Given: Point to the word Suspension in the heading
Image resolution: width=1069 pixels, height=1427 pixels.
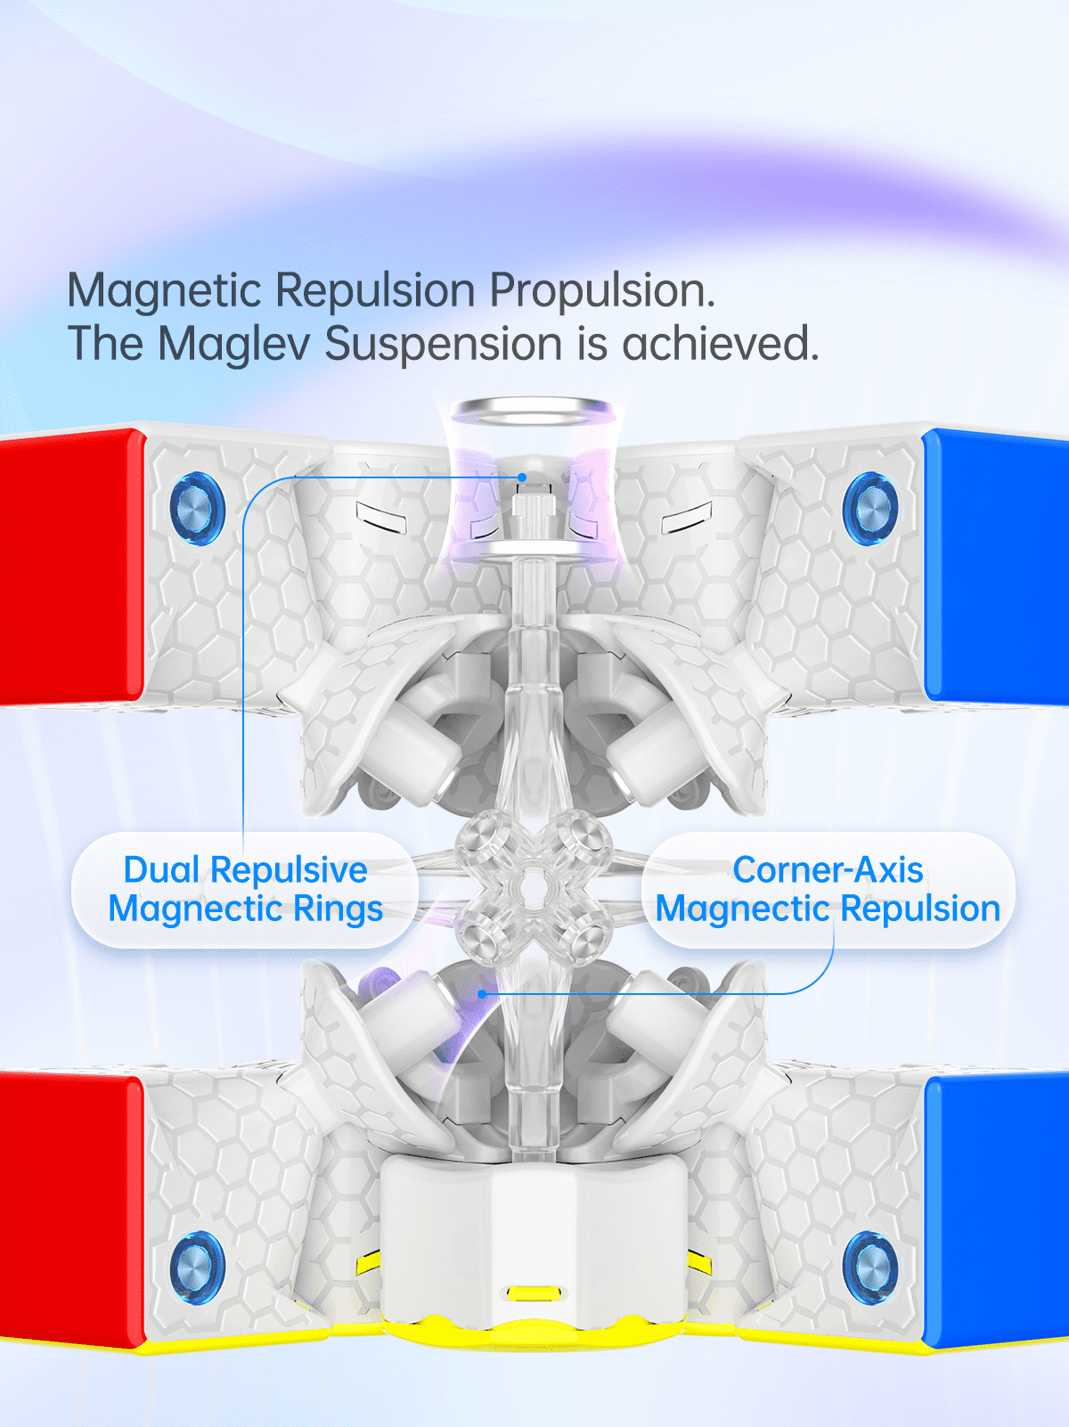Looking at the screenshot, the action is point(444,346).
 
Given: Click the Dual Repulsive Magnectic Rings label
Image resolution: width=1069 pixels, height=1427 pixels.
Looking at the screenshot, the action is point(246,889).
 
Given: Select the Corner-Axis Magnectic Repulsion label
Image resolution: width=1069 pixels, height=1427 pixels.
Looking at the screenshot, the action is point(828,889).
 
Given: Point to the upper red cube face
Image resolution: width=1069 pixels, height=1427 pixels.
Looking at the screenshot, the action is point(70,566).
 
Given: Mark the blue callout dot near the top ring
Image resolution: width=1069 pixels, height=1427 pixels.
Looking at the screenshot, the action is point(522,477).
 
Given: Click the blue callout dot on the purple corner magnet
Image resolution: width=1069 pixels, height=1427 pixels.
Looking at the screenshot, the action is point(482,994).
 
